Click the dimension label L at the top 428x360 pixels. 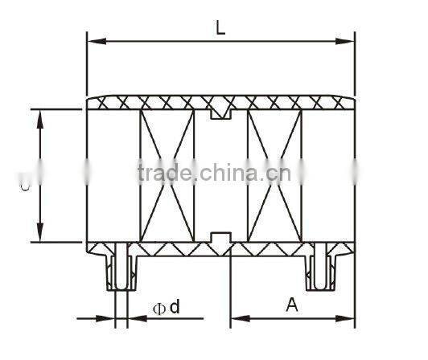[220, 26]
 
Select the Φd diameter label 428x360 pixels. [166, 306]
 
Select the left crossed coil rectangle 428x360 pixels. [167, 174]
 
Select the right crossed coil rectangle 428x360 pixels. [275, 174]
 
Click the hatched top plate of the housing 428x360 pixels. [161, 102]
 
